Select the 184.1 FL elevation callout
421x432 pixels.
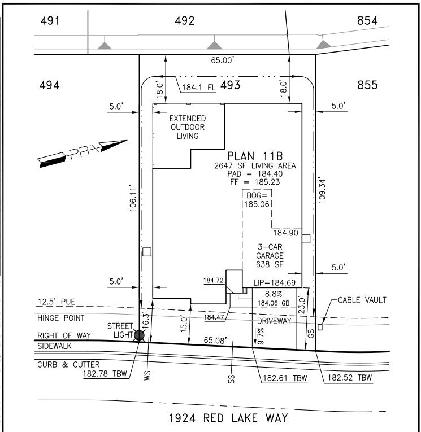point(201,88)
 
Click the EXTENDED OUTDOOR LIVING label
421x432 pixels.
point(188,127)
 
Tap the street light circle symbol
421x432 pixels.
point(139,335)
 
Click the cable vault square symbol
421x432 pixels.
point(320,327)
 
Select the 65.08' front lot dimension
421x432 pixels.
point(215,341)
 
